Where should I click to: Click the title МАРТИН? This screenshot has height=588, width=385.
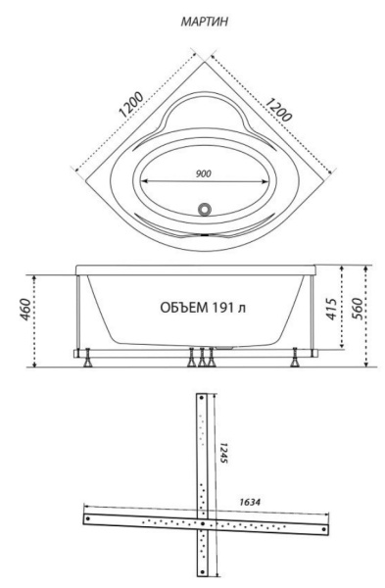tap(205, 22)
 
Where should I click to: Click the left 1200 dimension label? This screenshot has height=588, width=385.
tap(131, 105)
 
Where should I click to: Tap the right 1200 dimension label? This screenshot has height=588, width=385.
tap(278, 109)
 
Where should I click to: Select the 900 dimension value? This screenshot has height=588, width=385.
tap(204, 173)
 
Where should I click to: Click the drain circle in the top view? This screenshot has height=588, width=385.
tap(205, 209)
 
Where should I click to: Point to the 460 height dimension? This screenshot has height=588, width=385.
tap(24, 309)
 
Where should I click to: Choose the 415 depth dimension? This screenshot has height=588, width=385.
tap(331, 309)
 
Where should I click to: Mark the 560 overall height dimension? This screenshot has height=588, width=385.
tap(357, 309)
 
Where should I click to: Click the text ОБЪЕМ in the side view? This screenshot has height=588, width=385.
tap(184, 308)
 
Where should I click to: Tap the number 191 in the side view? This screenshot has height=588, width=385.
tap(224, 308)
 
